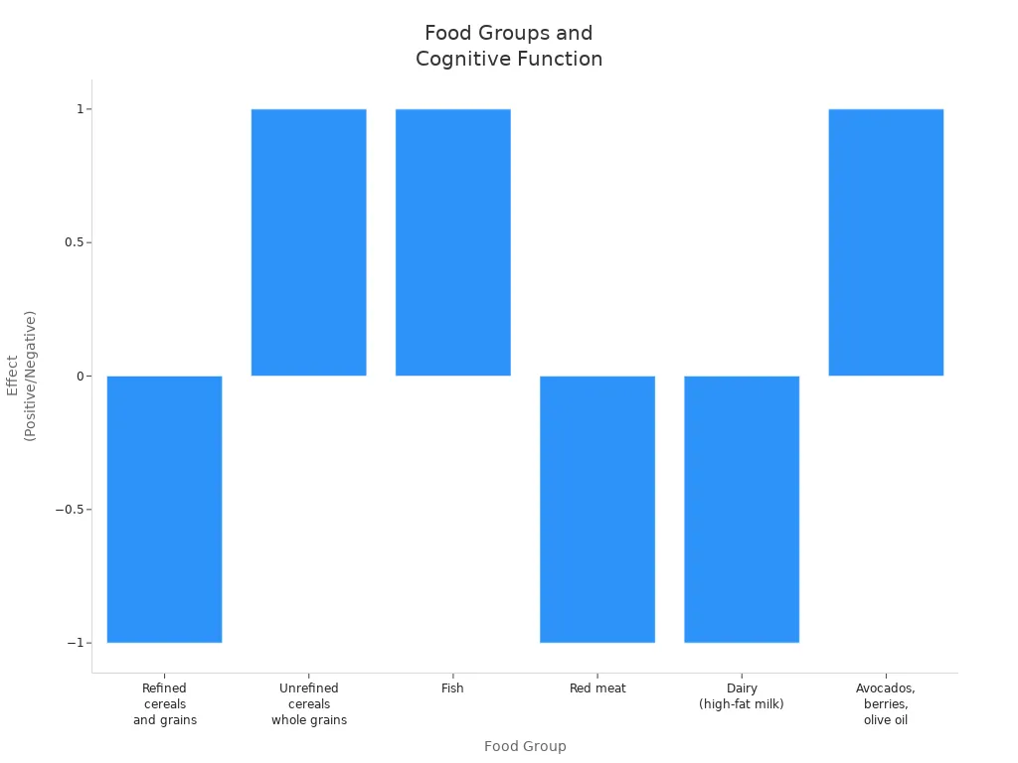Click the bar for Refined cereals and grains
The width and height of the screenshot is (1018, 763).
(164, 509)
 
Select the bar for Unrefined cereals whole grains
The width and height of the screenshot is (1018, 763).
(308, 242)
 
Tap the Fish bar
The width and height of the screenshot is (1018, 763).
(453, 242)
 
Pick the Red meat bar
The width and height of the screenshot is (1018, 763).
(597, 509)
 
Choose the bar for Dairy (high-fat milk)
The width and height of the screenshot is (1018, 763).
(742, 509)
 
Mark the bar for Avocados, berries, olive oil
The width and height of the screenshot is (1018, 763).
(886, 242)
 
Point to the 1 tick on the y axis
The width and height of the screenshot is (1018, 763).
(81, 109)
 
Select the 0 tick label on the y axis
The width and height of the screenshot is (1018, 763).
(81, 377)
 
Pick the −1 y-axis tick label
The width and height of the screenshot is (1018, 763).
(76, 643)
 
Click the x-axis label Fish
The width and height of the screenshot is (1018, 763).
(452, 688)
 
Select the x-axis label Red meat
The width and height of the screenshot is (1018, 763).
(597, 688)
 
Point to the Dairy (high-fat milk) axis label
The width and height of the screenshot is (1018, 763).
(742, 696)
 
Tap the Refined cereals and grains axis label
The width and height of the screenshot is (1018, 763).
(165, 704)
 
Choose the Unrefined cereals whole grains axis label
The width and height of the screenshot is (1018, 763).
(309, 704)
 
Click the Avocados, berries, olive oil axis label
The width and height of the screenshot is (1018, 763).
(886, 704)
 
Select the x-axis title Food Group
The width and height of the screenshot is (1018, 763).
(525, 746)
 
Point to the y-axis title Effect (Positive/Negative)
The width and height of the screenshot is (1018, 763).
(21, 376)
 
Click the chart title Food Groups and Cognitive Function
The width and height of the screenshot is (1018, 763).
(509, 46)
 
